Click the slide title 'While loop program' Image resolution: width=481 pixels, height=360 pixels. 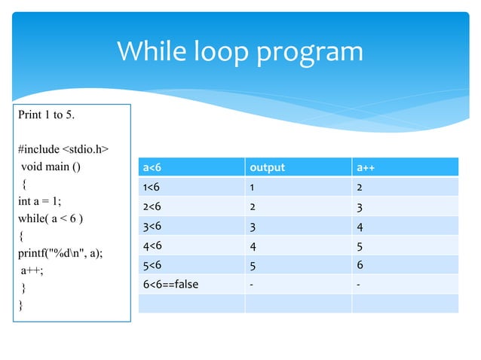[x=240, y=52]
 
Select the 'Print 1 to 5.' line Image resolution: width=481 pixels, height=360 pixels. [x=46, y=115]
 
